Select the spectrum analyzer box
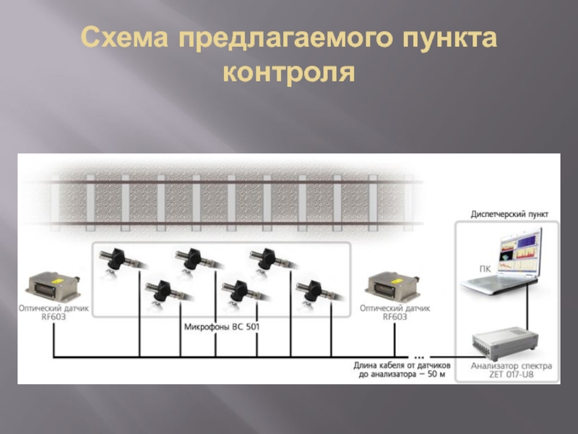[504, 341]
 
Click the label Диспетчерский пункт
[509, 215]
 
